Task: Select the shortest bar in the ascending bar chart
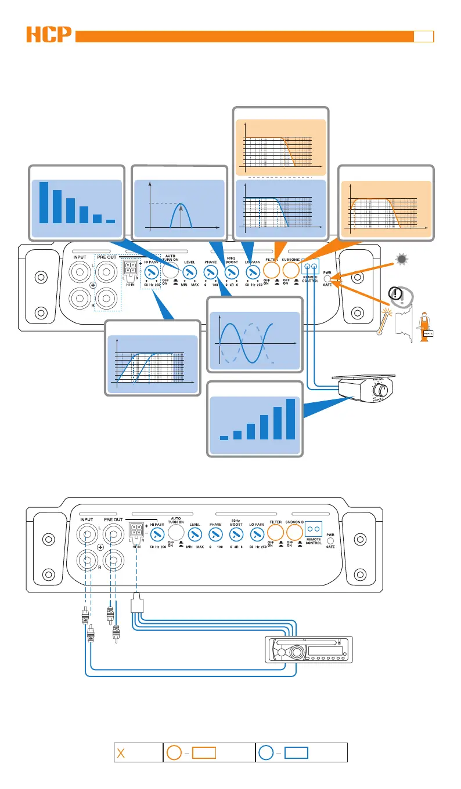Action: click(x=224, y=438)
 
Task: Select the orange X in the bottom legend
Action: click(x=121, y=753)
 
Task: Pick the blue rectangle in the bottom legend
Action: click(x=296, y=753)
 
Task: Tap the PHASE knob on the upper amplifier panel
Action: click(x=210, y=271)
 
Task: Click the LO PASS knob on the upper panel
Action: click(x=253, y=271)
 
